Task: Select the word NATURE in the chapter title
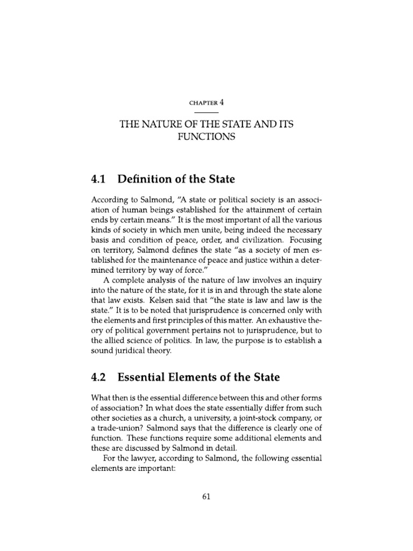click(161, 124)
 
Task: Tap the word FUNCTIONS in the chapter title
click(207, 137)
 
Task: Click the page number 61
click(206, 498)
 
